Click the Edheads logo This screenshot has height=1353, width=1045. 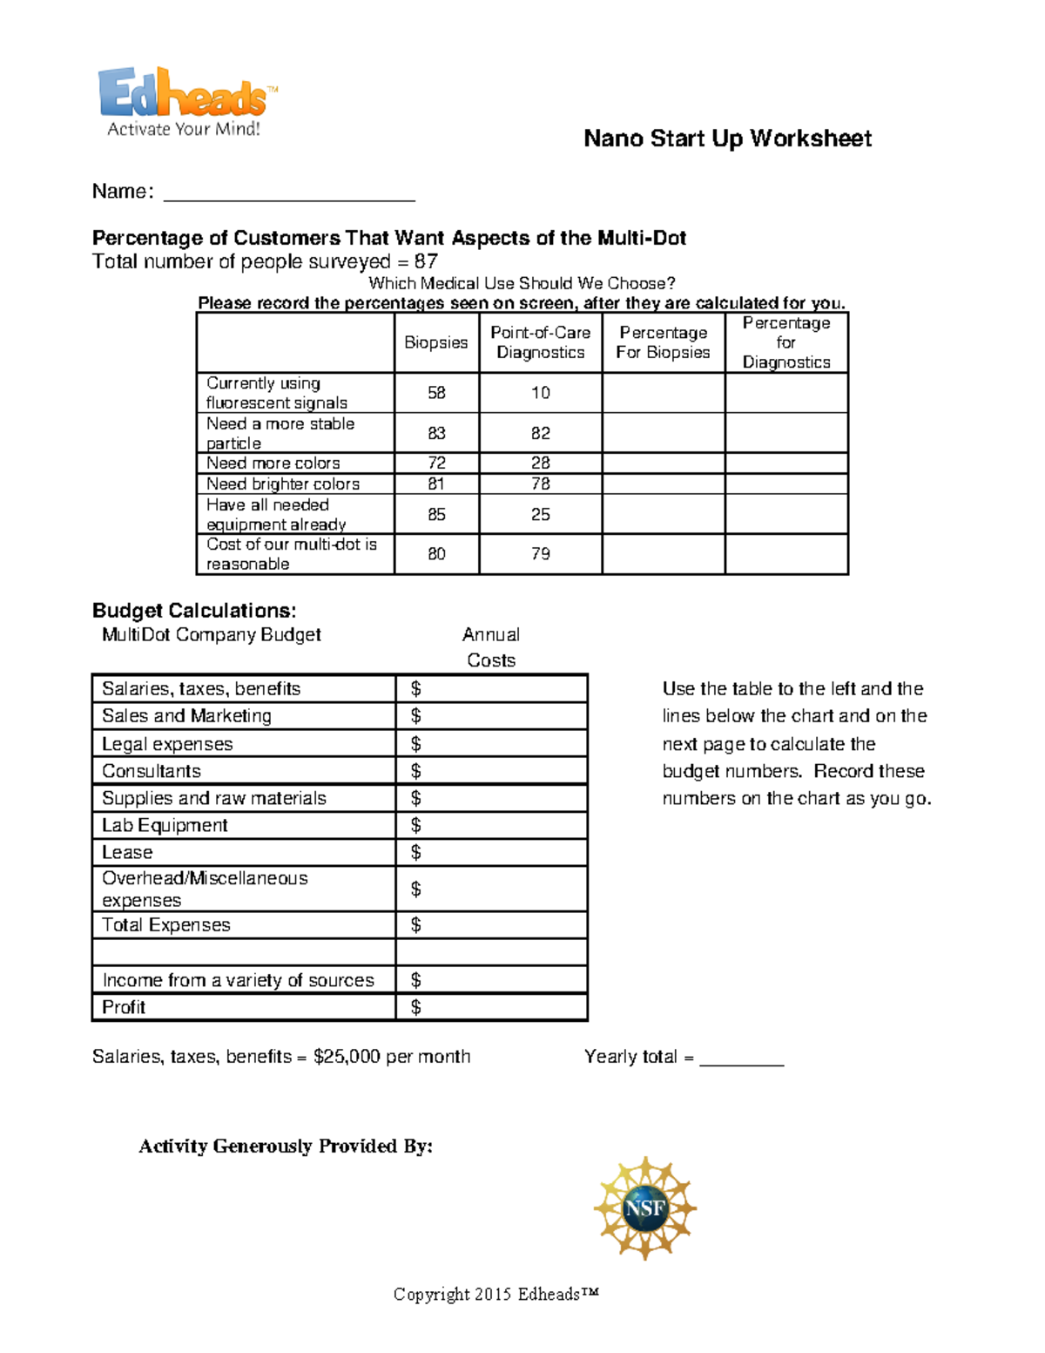click(186, 101)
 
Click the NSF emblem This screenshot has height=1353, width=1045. click(644, 1208)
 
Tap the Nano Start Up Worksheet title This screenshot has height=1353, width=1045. click(727, 139)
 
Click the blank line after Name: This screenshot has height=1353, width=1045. click(289, 193)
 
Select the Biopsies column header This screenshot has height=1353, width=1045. click(436, 342)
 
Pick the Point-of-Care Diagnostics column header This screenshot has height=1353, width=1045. click(540, 342)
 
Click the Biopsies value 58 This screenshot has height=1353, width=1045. click(436, 393)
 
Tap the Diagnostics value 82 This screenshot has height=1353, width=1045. click(540, 433)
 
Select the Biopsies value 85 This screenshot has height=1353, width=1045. click(436, 514)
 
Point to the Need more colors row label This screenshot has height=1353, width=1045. click(273, 463)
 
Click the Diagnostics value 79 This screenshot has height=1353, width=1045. click(540, 554)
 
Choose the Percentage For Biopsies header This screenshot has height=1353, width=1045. click(663, 342)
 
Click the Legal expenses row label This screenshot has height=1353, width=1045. click(167, 744)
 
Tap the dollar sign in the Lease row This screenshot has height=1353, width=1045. click(415, 852)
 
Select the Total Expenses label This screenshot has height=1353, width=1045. click(166, 924)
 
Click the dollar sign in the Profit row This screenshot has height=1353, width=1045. click(415, 1007)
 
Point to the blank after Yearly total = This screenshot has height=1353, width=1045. click(742, 1058)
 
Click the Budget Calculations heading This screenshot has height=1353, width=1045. click(194, 610)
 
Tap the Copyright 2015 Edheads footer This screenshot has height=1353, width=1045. click(496, 1295)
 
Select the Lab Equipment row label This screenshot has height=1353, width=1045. click(165, 825)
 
